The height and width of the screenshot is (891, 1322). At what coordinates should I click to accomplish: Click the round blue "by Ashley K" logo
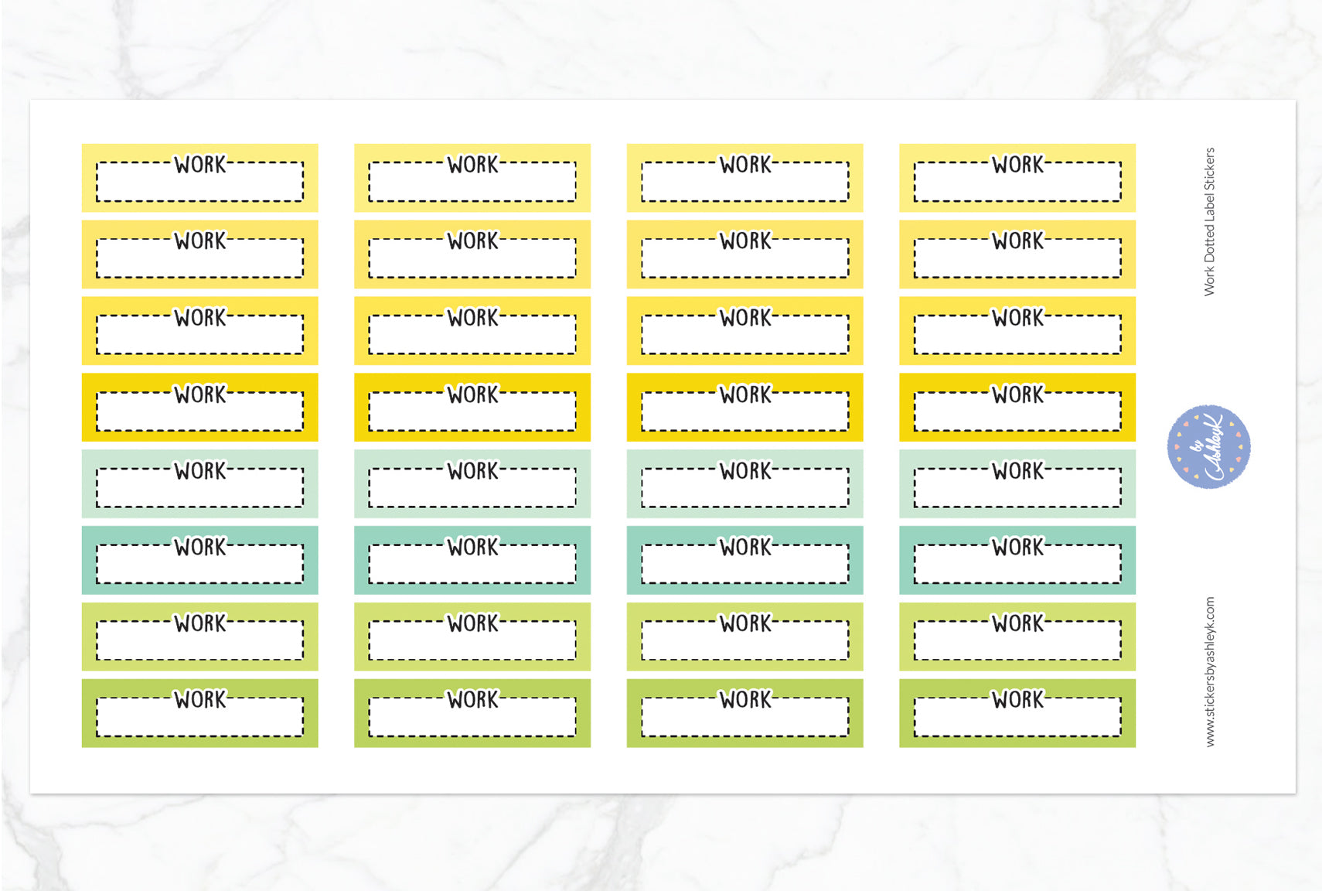(x=1208, y=446)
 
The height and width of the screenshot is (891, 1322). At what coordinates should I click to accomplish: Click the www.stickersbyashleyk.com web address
(x=1210, y=671)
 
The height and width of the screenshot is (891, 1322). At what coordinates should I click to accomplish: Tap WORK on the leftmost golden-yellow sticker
(x=200, y=394)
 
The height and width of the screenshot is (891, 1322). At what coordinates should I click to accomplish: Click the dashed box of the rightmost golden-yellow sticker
(x=1017, y=411)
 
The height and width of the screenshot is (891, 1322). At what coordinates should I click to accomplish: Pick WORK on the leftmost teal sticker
(x=200, y=547)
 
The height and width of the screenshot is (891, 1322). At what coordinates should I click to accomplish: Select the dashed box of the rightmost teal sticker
(x=1017, y=564)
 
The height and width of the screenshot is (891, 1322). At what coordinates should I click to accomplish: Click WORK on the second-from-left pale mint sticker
(x=473, y=470)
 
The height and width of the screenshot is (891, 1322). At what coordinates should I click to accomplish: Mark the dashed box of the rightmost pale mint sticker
(x=1017, y=487)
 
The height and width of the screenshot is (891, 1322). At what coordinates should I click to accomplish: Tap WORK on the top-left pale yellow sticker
(x=200, y=164)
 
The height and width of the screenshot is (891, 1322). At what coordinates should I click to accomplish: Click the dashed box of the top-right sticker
(x=1017, y=182)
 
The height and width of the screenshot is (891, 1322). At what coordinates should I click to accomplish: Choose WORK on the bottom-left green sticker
(x=200, y=699)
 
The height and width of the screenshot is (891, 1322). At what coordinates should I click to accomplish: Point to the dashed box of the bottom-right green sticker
(x=1017, y=717)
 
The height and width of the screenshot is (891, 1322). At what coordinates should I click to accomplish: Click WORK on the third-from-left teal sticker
(x=745, y=547)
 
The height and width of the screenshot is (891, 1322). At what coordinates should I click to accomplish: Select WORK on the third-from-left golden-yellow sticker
(x=745, y=394)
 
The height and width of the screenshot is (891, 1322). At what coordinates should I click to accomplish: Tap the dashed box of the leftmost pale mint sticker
(x=200, y=487)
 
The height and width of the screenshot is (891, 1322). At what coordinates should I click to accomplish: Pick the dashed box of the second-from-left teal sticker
(x=472, y=564)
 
